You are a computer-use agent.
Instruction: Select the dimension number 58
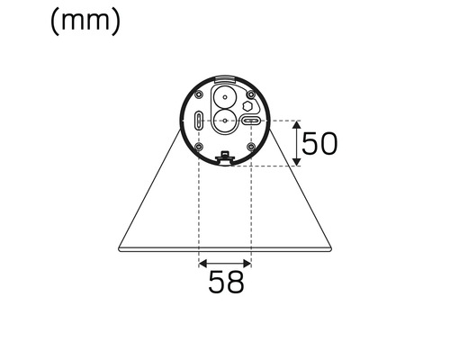226,282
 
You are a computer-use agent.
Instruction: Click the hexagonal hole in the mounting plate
248,104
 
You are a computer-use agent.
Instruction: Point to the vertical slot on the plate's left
198,121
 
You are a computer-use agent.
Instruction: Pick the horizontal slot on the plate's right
250,121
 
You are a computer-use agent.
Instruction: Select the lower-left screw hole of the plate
199,146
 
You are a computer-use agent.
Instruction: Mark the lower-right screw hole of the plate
249,146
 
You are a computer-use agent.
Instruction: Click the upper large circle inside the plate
224,96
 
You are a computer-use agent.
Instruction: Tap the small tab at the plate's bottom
224,158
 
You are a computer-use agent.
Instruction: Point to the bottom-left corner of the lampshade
119,247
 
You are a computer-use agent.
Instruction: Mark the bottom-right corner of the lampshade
331,247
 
